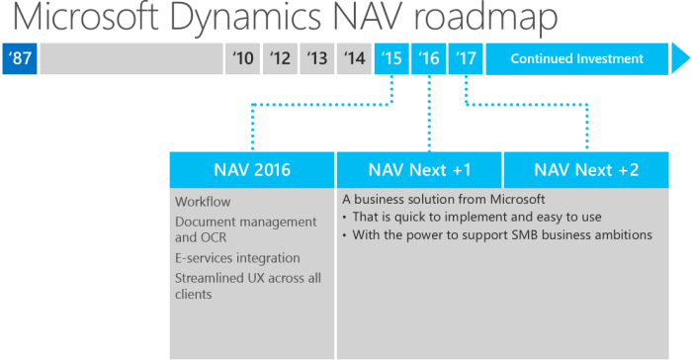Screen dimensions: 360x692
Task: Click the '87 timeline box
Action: tap(20, 58)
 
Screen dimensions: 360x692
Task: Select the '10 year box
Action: tap(243, 58)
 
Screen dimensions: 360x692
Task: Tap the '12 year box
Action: tap(280, 58)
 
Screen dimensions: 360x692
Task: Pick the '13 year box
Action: tap(316, 58)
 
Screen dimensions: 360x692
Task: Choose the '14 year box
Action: tap(354, 58)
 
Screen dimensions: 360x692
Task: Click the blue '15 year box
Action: tap(391, 58)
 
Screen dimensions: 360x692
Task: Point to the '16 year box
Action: tap(429, 58)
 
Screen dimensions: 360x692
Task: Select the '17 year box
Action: tap(466, 58)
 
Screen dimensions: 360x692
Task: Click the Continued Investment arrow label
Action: tap(577, 58)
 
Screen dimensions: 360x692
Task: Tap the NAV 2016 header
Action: tap(252, 169)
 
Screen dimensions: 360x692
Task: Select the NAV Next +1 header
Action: tap(419, 169)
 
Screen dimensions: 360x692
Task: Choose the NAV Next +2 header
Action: tap(586, 169)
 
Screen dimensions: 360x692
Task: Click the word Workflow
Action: tap(203, 202)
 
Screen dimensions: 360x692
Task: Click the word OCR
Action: tap(215, 237)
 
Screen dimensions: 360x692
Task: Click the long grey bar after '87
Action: tap(131, 58)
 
